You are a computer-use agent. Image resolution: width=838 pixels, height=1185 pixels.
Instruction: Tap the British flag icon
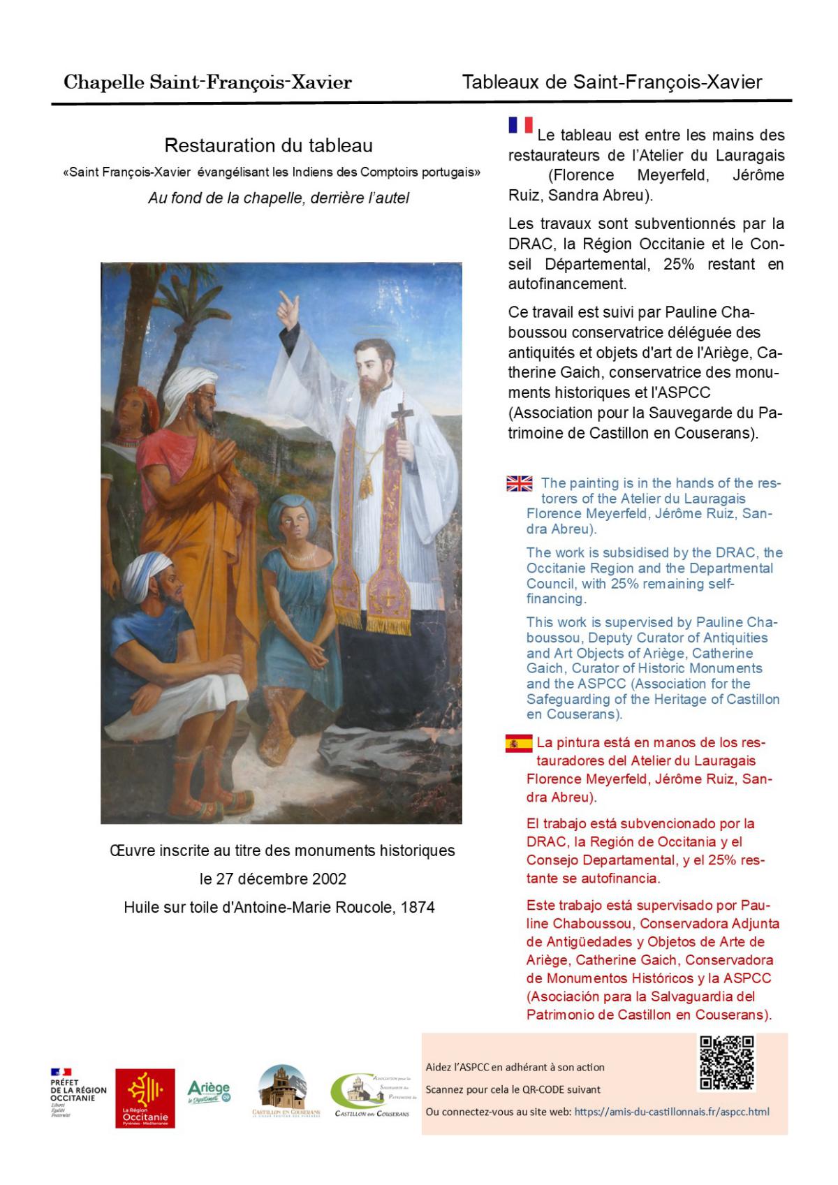(x=519, y=483)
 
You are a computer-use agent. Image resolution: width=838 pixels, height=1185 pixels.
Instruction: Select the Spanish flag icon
(x=519, y=744)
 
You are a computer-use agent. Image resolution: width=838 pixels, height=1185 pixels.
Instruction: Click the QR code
(x=727, y=1063)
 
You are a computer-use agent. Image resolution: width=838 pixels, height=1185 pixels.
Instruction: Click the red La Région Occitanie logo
(x=145, y=1098)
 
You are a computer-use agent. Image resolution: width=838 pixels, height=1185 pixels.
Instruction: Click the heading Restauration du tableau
(x=269, y=146)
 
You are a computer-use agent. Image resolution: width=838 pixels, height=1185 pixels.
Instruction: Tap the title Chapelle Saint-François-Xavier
(x=207, y=83)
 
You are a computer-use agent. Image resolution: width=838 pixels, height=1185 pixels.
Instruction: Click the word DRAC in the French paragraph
(x=529, y=245)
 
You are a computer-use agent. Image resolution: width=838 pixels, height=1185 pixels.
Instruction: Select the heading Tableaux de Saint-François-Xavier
(x=612, y=82)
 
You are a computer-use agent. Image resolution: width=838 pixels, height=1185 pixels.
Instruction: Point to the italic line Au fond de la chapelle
(x=278, y=198)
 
